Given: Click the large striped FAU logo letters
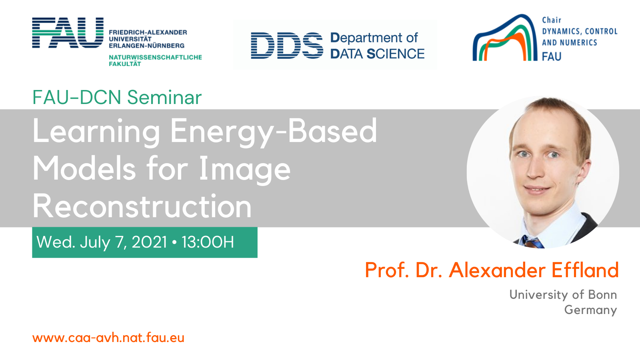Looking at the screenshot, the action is [x=68, y=32].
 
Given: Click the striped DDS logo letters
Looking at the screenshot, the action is [x=287, y=46].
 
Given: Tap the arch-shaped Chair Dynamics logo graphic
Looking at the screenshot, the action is [x=505, y=38].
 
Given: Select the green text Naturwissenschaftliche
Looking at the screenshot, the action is [x=156, y=58].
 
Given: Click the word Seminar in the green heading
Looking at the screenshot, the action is [x=164, y=98].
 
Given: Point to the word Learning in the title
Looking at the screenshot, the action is [x=96, y=132].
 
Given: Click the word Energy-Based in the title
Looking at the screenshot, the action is [x=274, y=132].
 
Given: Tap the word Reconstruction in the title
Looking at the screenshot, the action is [x=142, y=206].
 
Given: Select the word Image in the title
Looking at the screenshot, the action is [x=244, y=169].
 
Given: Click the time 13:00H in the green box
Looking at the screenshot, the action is [x=208, y=242].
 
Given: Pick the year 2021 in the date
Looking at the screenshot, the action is [x=149, y=242].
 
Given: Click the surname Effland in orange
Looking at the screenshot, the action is [x=585, y=270].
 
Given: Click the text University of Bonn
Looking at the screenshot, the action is [x=563, y=294].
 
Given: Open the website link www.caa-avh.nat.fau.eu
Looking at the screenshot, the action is [x=108, y=338].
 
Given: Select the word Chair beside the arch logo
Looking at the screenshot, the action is [x=552, y=20].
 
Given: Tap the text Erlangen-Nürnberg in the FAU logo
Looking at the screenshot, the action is [x=146, y=46].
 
